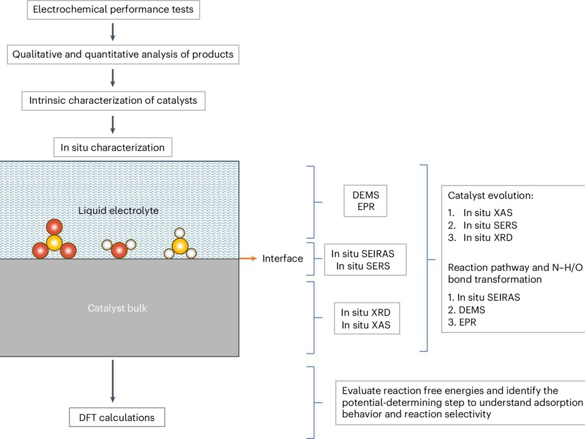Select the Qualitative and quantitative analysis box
click(x=123, y=55)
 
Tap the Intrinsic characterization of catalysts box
click(x=113, y=100)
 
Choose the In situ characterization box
click(x=112, y=148)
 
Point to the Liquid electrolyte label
click(x=118, y=210)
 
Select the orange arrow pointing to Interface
click(x=248, y=258)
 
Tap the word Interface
click(x=283, y=258)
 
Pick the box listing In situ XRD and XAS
click(x=367, y=318)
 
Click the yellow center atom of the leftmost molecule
click(x=54, y=242)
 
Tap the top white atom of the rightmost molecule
click(x=180, y=233)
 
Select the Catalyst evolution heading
click(x=487, y=196)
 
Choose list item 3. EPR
click(x=474, y=322)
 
